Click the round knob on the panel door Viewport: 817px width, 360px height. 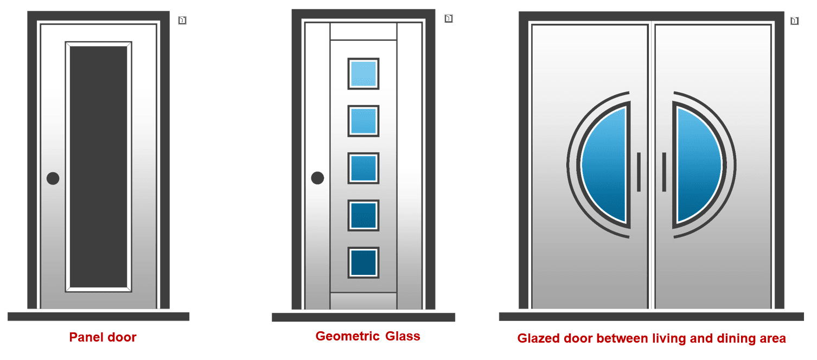pos(53,178)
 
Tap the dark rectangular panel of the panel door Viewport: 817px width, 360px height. pos(99,166)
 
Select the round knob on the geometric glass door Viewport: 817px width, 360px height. pos(317,178)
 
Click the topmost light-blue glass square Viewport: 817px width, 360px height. pos(363,74)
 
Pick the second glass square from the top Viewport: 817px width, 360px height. pos(363,121)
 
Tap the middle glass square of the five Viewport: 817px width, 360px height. pos(363,168)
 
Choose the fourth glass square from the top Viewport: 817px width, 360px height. pos(363,215)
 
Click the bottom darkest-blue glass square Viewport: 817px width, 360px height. pos(363,263)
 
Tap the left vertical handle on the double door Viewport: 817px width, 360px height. pos(639,172)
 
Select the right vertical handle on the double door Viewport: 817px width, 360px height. pos(664,172)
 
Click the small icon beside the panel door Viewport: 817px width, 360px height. pos(182,21)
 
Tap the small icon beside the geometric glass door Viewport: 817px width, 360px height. pos(449,18)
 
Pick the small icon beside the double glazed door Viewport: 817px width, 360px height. pos(794,21)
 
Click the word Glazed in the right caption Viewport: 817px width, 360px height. pos(538,338)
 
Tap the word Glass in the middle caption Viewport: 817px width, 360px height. pos(403,336)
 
